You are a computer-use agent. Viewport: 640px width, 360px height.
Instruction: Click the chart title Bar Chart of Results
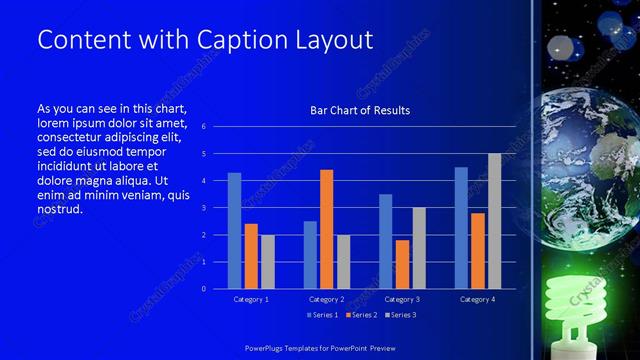point(359,110)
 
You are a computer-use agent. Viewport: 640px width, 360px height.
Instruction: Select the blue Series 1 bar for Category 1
point(234,231)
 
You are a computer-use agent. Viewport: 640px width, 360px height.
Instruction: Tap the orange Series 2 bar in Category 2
point(326,229)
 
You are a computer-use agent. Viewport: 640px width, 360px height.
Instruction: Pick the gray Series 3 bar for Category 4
point(494,221)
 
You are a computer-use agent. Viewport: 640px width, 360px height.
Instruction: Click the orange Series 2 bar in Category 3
point(402,264)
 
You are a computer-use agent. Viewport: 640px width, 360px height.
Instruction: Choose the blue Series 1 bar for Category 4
point(461,228)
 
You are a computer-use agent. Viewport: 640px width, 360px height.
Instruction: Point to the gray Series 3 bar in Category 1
point(267,262)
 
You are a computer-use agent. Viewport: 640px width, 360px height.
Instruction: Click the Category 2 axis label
point(326,299)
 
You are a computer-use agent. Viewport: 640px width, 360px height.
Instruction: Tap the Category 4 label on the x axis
point(477,299)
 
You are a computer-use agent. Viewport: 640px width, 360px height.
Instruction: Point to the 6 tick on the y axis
point(203,127)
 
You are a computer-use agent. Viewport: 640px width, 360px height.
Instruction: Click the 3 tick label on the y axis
point(203,208)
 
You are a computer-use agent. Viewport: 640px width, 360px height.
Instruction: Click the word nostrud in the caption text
point(58,209)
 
